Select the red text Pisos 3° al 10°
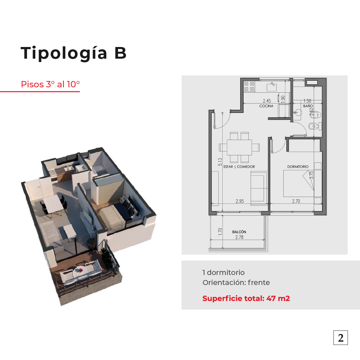[x=50, y=84]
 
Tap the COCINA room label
[x=266, y=106]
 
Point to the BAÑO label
[x=308, y=106]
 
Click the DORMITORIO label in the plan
[x=298, y=167]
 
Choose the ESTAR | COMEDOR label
[x=239, y=167]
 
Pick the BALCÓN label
[x=239, y=232]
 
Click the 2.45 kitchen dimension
[x=267, y=101]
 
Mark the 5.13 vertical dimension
[x=220, y=162]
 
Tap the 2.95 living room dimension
[x=240, y=201]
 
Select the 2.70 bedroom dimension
[x=296, y=201]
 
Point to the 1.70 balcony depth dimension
[x=220, y=231]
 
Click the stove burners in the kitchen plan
[x=249, y=86]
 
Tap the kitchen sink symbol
[x=272, y=87]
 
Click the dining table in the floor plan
[x=239, y=147]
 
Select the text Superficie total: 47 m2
[x=246, y=298]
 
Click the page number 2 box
[x=340, y=337]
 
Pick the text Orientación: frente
[x=236, y=282]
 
